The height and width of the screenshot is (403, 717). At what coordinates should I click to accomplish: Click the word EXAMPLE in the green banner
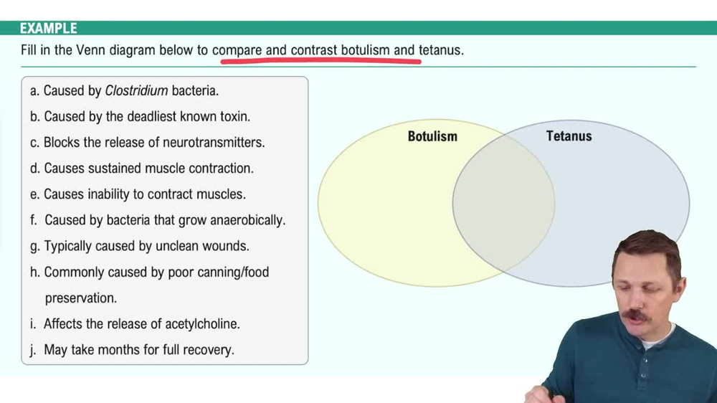tap(48, 29)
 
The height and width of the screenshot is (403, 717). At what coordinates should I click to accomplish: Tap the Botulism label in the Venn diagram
tap(432, 136)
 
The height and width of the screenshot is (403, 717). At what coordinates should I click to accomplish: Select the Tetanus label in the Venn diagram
tap(569, 136)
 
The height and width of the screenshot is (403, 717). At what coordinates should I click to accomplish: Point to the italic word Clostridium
tap(136, 91)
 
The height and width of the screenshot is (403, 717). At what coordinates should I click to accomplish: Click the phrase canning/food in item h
tap(233, 272)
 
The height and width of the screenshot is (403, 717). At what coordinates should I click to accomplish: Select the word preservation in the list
tap(80, 298)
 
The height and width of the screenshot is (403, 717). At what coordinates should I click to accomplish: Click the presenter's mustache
tap(635, 315)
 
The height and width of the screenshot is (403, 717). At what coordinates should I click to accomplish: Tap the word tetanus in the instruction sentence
tap(440, 51)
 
